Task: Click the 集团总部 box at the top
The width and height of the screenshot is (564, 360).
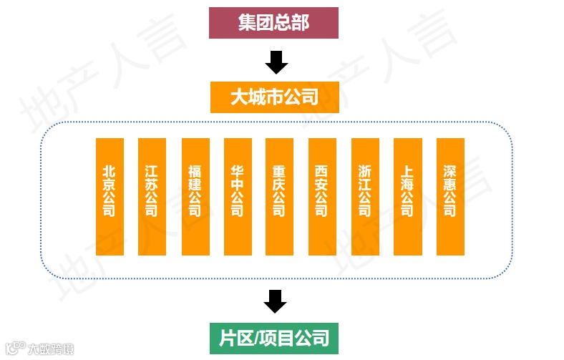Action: [x=273, y=22]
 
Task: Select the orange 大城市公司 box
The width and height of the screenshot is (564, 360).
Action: [x=274, y=97]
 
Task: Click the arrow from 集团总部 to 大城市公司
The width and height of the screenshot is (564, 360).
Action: [x=276, y=62]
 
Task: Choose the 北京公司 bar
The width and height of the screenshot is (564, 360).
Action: [x=110, y=197]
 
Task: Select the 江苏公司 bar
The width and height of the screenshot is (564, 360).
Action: [x=151, y=197]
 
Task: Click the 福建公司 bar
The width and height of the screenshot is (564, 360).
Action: [x=195, y=197]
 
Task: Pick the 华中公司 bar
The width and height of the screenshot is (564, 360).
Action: [x=237, y=197]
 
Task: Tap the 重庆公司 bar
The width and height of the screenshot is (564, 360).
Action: [x=279, y=197]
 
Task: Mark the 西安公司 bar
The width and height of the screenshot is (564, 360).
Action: [x=322, y=197]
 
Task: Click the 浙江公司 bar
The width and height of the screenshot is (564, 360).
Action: [x=365, y=197]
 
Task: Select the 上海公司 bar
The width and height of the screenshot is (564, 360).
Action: [x=407, y=197]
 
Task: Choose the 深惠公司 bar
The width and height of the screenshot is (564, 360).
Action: [x=450, y=197]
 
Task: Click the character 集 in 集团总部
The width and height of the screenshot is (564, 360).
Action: [x=247, y=22]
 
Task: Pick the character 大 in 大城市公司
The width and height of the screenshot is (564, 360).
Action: [x=239, y=97]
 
